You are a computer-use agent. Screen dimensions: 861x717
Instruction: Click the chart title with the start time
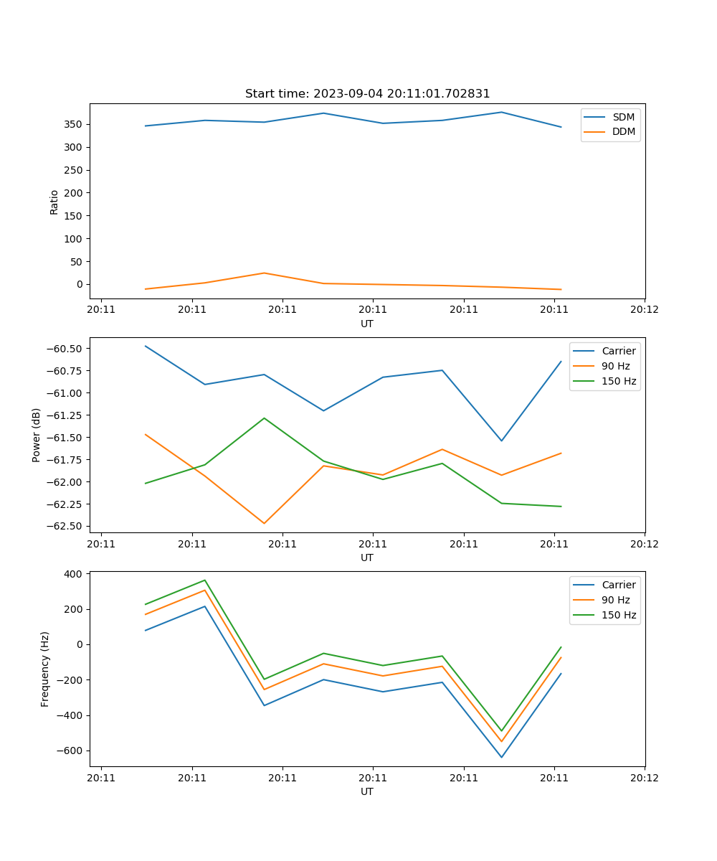pos(367,94)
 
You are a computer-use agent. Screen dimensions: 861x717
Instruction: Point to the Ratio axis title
pos(54,202)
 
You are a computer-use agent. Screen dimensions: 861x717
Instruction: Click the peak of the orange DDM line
pos(264,273)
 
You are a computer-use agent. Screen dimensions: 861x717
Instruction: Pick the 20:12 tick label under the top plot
pos(644,311)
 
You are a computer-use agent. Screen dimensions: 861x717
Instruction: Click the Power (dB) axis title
pos(37,435)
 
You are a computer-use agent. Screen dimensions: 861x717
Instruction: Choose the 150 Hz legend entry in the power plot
pos(619,382)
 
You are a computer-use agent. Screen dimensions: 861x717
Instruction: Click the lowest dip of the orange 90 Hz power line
pos(264,523)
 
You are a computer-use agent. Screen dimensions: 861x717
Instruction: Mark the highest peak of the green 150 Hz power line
pos(264,418)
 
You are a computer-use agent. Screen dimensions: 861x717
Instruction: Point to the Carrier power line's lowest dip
pos(501,441)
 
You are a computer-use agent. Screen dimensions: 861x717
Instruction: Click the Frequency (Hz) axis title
pos(45,669)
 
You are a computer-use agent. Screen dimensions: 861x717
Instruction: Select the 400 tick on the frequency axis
pos(75,575)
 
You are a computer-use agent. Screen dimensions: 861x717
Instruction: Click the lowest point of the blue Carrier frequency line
pos(501,757)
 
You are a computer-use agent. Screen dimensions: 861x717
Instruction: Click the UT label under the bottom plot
pos(367,792)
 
